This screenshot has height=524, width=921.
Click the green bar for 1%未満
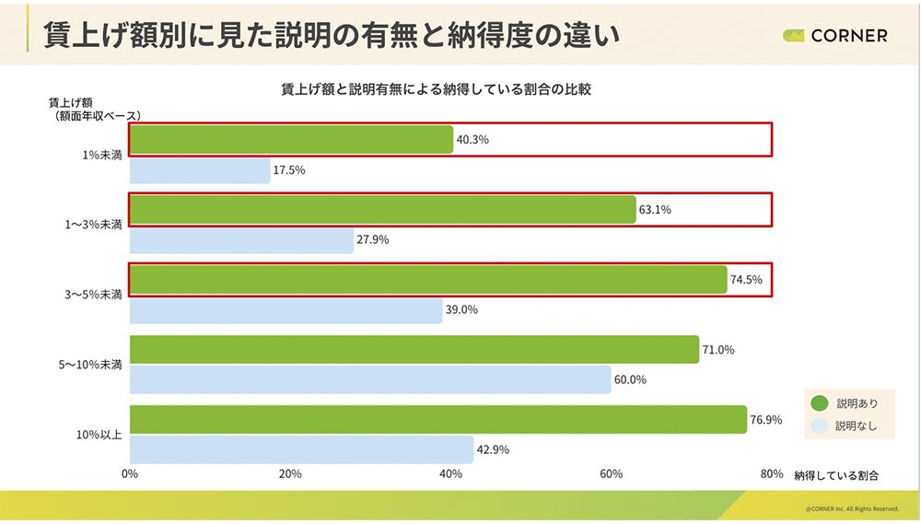click(x=291, y=140)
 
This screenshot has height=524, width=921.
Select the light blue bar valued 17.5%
click(x=200, y=170)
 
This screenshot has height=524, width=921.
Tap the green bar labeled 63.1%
click(x=382, y=209)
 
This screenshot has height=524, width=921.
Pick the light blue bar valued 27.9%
click(x=241, y=240)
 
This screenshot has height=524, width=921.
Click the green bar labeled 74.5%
click(x=427, y=280)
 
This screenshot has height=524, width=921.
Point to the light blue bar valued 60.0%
click(x=370, y=379)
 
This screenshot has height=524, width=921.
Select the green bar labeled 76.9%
click(x=437, y=419)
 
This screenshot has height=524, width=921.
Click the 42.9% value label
click(x=493, y=450)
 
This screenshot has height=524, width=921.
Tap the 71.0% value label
click(x=717, y=350)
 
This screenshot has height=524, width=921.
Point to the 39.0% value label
click(x=461, y=310)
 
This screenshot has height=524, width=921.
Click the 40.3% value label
click(x=472, y=140)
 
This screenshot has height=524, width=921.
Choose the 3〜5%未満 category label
click(x=92, y=295)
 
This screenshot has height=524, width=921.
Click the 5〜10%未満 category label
click(x=89, y=365)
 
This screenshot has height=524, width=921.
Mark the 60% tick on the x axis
click(x=612, y=474)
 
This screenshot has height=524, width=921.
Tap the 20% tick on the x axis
click(x=290, y=474)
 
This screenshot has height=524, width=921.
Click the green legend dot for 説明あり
click(x=817, y=402)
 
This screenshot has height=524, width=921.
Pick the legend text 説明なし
click(x=857, y=426)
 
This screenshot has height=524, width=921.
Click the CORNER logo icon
click(x=793, y=36)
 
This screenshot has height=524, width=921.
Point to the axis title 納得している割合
click(x=835, y=475)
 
